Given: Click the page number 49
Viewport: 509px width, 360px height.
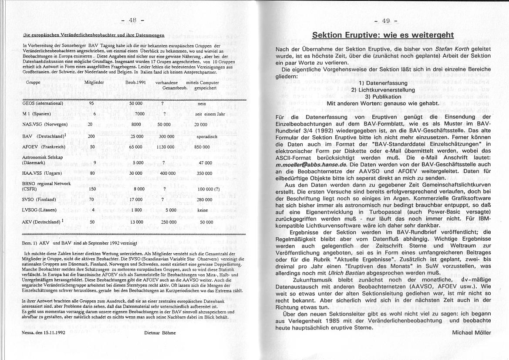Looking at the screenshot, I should click(385, 20).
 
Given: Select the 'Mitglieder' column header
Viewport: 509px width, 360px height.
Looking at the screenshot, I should click(94, 82).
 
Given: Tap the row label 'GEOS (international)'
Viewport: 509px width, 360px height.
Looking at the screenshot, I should click(43, 104).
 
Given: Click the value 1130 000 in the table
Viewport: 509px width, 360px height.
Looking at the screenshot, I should click(165, 147).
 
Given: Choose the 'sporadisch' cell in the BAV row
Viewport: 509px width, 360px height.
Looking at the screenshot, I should click(204, 136).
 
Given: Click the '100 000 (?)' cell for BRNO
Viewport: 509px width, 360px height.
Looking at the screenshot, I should click(208, 190).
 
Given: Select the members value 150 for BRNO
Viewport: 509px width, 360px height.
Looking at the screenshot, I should click(92, 190).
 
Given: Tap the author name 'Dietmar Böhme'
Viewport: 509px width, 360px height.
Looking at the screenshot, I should click(160, 333).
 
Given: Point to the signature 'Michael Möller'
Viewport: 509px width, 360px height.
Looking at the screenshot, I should click(472, 333).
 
